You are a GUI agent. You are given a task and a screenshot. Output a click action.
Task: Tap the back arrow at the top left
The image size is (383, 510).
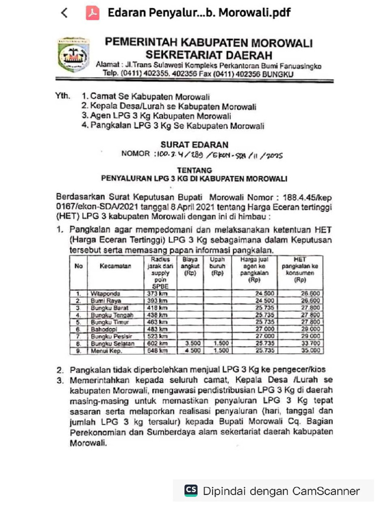pyautogui.click(x=64, y=13)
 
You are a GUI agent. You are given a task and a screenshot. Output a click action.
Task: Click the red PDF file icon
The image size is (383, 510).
pyautogui.click(x=92, y=13)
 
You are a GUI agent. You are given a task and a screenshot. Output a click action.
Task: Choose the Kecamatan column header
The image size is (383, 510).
pyautogui.click(x=115, y=266)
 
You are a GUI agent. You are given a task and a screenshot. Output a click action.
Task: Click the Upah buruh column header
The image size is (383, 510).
pyautogui.click(x=218, y=266)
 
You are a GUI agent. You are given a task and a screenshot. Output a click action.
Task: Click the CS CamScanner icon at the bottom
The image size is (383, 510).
pyautogui.click(x=191, y=490)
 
